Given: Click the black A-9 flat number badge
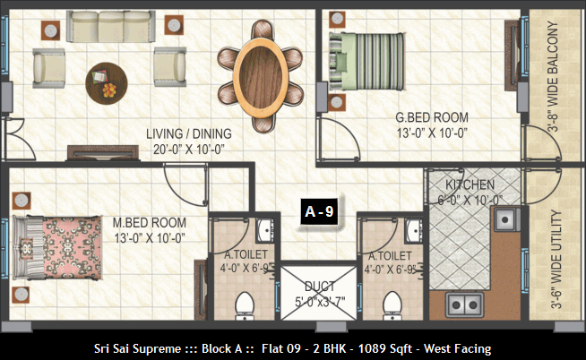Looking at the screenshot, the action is click(x=319, y=211).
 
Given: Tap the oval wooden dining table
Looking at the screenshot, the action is click(x=261, y=76).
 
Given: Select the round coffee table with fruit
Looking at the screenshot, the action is click(x=107, y=83).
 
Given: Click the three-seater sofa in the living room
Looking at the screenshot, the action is click(x=111, y=26).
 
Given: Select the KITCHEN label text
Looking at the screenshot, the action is click(x=470, y=184).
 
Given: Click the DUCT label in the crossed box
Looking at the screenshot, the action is click(x=319, y=287).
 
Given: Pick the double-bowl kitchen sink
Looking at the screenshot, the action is click(x=464, y=305).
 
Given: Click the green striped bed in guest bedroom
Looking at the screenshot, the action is click(x=366, y=62).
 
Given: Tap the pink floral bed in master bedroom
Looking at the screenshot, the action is click(x=57, y=247).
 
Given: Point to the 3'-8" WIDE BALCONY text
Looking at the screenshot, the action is click(x=552, y=76).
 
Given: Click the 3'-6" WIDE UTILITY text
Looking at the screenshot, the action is click(x=556, y=260).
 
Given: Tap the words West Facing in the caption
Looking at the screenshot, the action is click(x=458, y=348).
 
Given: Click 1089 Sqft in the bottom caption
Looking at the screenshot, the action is click(x=385, y=348).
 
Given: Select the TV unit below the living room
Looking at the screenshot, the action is click(x=103, y=153).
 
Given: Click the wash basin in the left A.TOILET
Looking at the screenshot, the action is click(x=265, y=229).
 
